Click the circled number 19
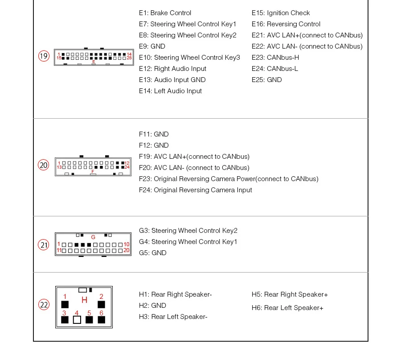click(44, 56)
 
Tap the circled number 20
click(43, 165)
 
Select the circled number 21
click(43, 245)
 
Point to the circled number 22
click(44, 305)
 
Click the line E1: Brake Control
click(165, 13)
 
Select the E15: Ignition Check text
click(281, 13)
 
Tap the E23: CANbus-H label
click(275, 58)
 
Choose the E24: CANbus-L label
click(275, 69)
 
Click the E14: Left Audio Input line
click(170, 91)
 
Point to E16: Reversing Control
click(286, 24)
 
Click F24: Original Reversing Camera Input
click(195, 190)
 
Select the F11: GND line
click(154, 134)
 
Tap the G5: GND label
click(152, 253)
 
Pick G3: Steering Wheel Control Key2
click(188, 231)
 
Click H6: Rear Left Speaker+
click(287, 308)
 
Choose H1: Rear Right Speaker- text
click(175, 294)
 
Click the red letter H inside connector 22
click(84, 300)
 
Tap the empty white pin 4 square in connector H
click(77, 320)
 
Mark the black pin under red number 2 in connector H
click(101, 305)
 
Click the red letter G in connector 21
click(93, 237)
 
